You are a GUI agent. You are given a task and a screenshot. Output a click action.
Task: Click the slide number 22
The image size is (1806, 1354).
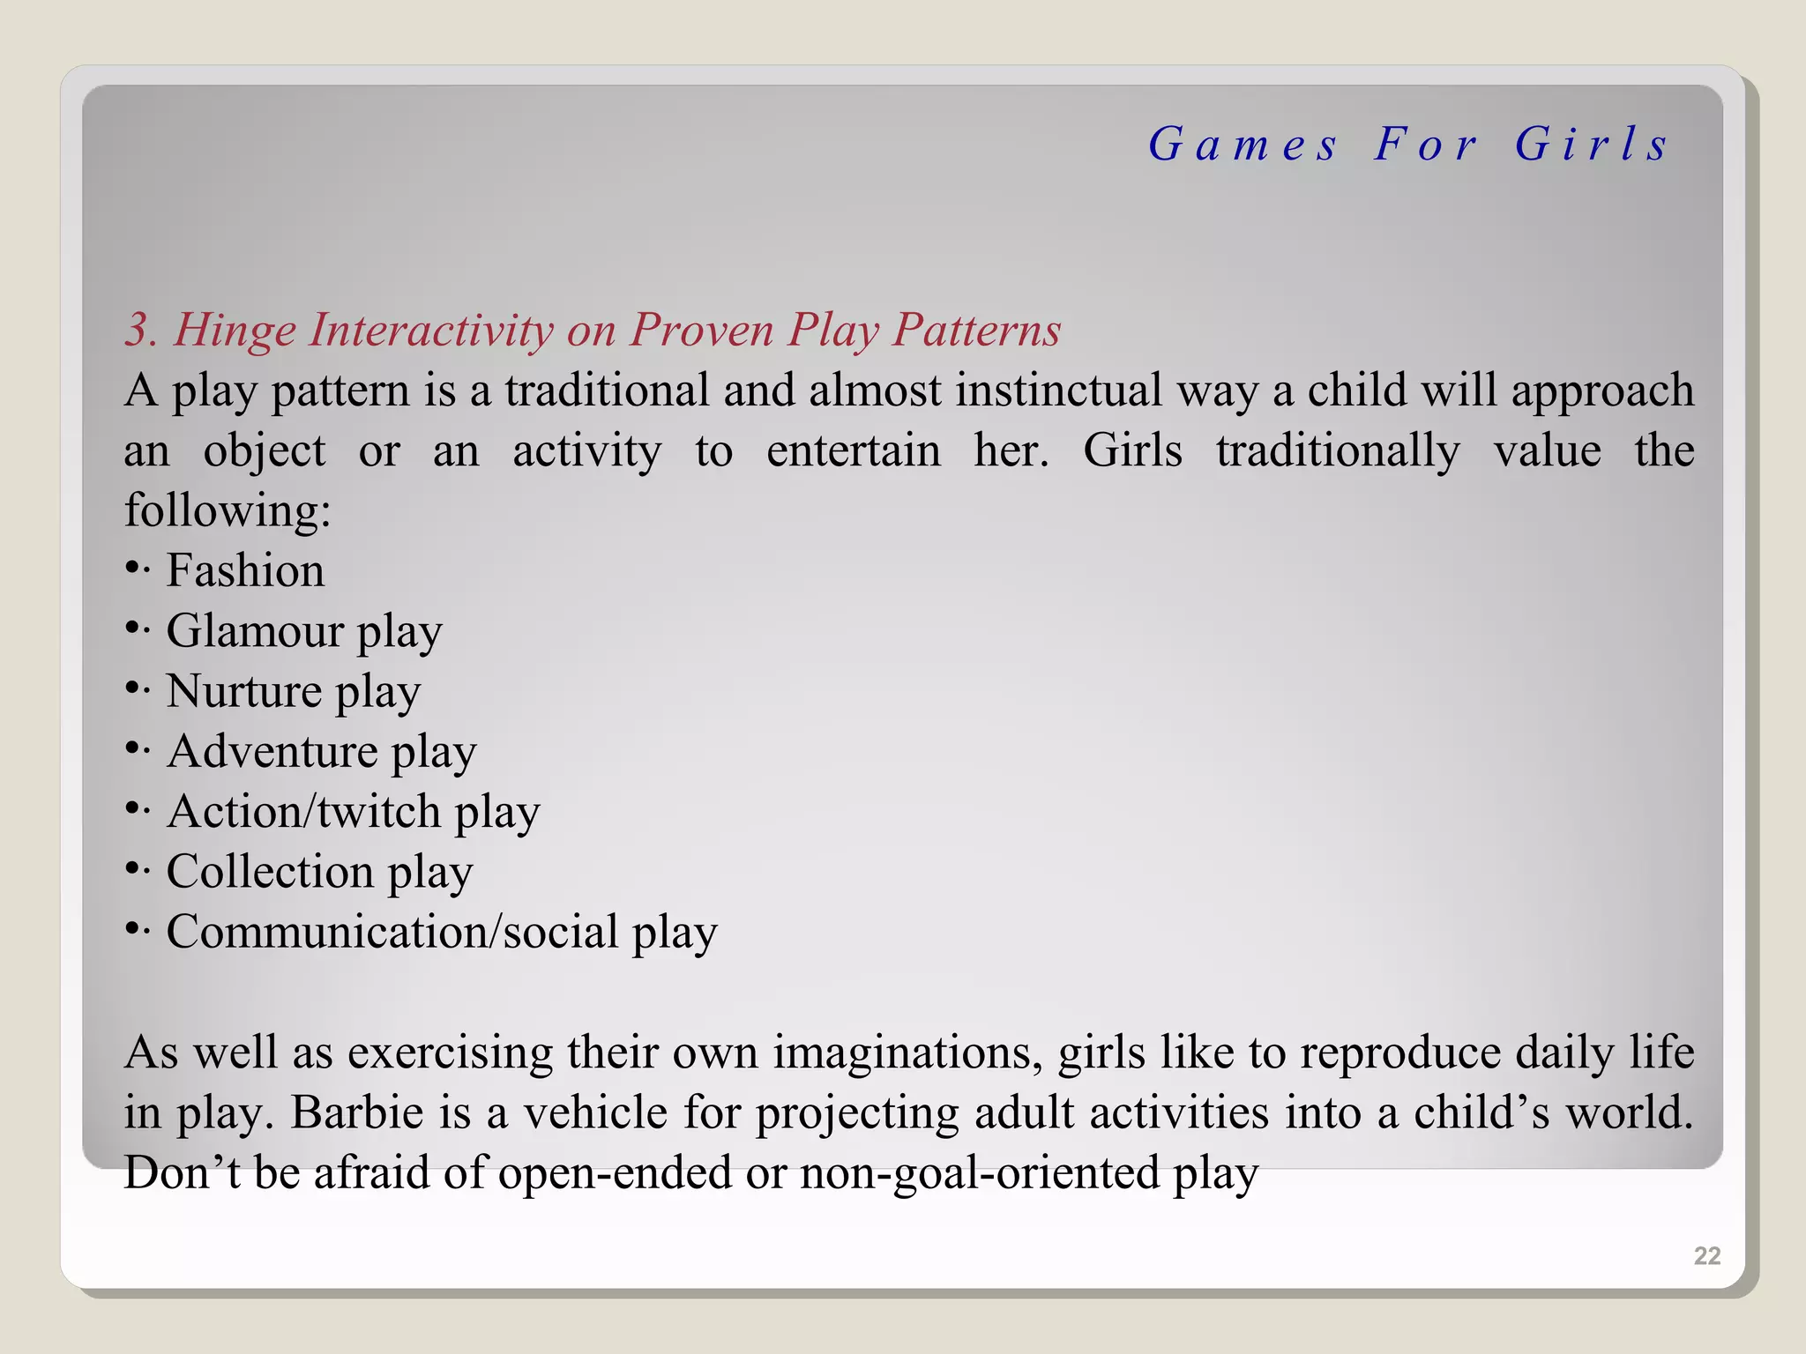click(x=1706, y=1255)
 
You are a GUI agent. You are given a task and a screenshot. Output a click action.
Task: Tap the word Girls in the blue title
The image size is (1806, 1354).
click(x=1592, y=145)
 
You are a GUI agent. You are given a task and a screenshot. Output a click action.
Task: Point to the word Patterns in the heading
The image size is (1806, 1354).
click(x=976, y=331)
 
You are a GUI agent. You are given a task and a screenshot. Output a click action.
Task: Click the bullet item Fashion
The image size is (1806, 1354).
click(x=245, y=570)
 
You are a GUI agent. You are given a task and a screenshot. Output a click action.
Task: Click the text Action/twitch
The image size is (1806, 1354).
click(x=303, y=812)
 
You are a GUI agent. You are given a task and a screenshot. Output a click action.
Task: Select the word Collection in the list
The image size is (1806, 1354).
click(x=271, y=872)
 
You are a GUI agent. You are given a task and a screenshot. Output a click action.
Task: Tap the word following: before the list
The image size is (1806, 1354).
click(x=228, y=510)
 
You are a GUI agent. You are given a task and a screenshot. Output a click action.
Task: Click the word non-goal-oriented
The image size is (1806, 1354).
click(x=980, y=1173)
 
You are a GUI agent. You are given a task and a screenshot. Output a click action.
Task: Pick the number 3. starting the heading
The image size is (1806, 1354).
click(x=141, y=331)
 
